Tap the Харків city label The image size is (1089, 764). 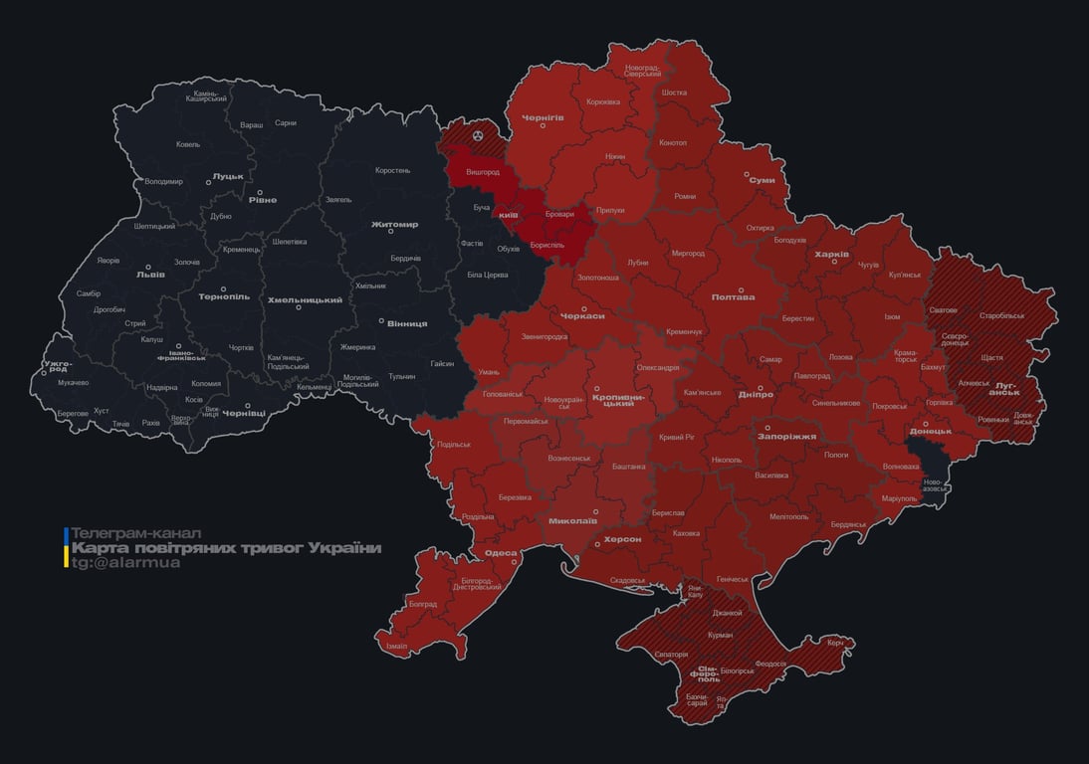[831, 255]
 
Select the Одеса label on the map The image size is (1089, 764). [500, 553]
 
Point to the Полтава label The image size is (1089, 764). [733, 296]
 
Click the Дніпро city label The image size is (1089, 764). [756, 394]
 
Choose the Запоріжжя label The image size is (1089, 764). [786, 436]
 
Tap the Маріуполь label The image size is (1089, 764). [900, 497]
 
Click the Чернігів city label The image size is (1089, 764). [543, 117]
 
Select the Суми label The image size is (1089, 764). [762, 180]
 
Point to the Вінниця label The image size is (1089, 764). [407, 323]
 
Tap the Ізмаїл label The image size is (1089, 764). [396, 646]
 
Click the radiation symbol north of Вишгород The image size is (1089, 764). [479, 132]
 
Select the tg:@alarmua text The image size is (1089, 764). [125, 563]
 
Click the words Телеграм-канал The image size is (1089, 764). [136, 533]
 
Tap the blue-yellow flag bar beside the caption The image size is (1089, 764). [66, 548]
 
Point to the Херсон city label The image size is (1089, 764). [622, 539]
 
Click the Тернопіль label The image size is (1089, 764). [224, 296]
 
